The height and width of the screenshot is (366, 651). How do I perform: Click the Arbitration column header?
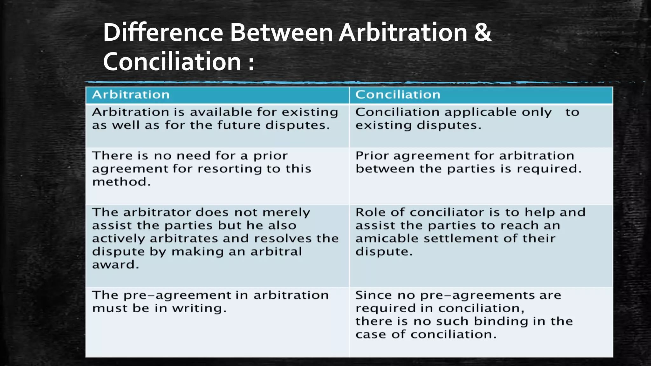[131, 95]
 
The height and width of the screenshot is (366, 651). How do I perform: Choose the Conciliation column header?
[398, 95]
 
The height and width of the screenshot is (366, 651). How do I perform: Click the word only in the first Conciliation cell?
[537, 112]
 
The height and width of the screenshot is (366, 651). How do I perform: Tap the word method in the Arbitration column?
[121, 182]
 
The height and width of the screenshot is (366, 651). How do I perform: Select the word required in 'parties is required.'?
[549, 169]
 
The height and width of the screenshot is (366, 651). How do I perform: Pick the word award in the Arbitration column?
[115, 265]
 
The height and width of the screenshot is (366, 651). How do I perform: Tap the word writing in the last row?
[199, 308]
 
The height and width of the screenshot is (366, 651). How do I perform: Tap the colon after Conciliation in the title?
[251, 62]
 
